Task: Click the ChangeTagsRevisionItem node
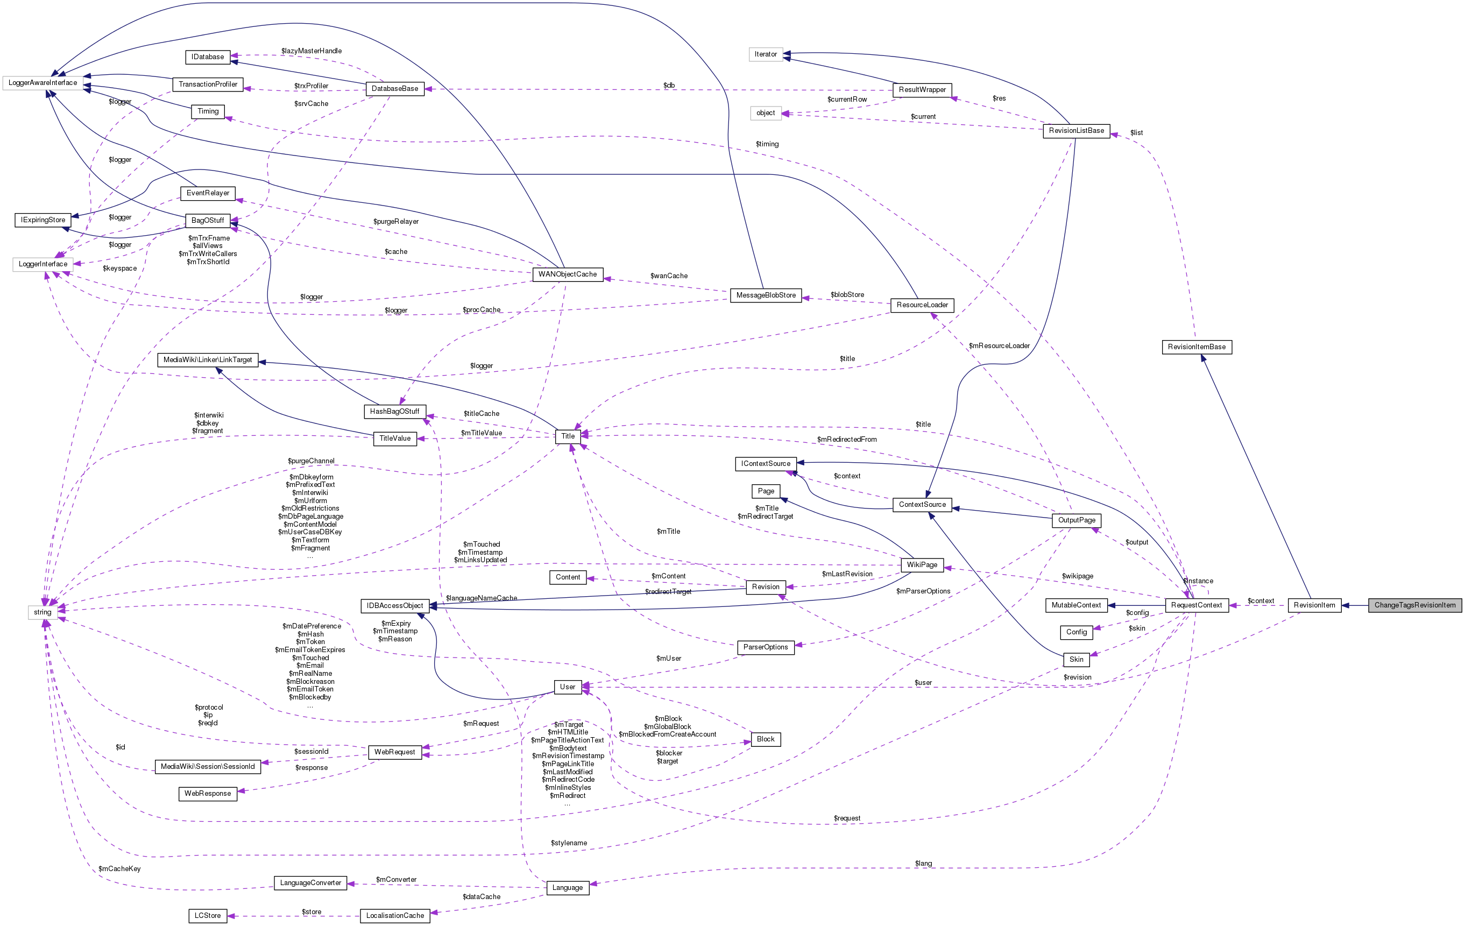[1414, 605]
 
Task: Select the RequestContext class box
[1196, 605]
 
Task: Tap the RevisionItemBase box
[1197, 348]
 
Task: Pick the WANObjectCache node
[567, 274]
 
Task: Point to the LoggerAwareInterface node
[43, 83]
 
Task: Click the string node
[43, 613]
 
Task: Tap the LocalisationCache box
[395, 916]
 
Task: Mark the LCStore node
[208, 916]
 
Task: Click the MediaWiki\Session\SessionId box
[208, 767]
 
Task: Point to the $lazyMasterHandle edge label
[312, 51]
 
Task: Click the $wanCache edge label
[669, 276]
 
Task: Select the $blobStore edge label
[847, 295]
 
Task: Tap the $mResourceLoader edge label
[999, 346]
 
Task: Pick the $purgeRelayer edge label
[396, 222]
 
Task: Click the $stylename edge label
[569, 843]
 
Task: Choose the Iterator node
[766, 55]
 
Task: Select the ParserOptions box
[766, 647]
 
